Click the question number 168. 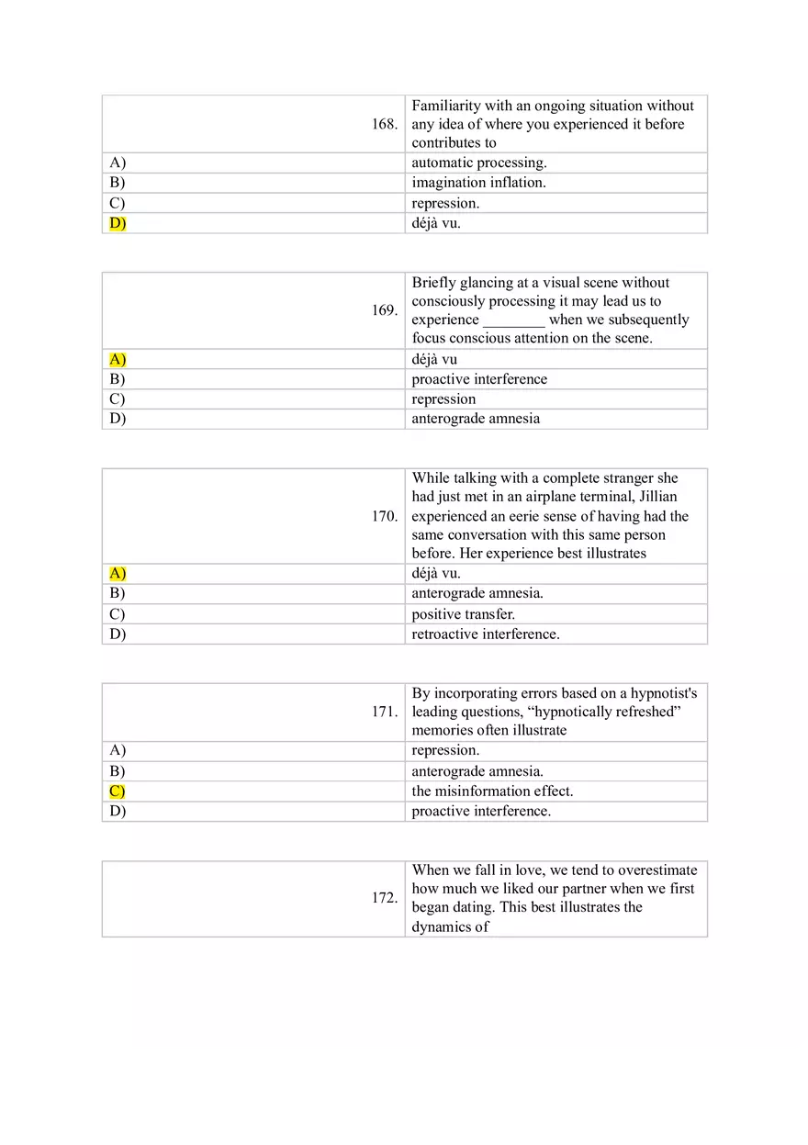[385, 124]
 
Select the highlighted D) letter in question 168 [118, 223]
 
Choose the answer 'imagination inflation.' [478, 183]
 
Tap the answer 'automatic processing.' [478, 163]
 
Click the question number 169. [385, 310]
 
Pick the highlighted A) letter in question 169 [118, 359]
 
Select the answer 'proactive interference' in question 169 [479, 379]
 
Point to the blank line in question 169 [514, 320]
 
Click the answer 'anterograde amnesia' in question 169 [476, 419]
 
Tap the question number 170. [385, 516]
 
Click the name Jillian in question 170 [658, 497]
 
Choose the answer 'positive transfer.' [463, 614]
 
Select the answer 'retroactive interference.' [485, 634]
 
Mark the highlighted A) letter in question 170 [118, 574]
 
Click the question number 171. [385, 712]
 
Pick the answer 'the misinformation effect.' [492, 791]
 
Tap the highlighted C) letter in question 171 [118, 791]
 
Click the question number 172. [385, 898]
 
